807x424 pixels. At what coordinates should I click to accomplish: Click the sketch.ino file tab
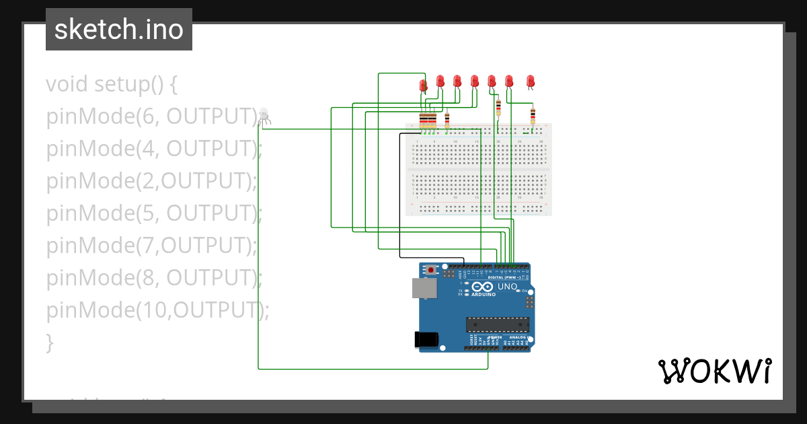tap(119, 30)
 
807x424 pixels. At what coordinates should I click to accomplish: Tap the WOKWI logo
tap(714, 371)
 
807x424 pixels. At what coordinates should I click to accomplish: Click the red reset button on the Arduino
tap(431, 271)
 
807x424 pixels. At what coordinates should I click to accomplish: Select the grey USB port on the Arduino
tap(424, 288)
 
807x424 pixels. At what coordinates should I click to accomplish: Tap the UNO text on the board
tap(507, 287)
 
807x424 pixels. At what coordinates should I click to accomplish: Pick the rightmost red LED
tap(530, 81)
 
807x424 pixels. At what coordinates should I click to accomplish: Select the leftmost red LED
tap(423, 85)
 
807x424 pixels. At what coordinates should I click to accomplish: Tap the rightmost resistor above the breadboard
tap(533, 116)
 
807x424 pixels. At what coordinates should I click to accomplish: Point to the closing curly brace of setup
tap(49, 343)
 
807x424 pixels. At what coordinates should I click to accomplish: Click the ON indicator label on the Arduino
tap(525, 290)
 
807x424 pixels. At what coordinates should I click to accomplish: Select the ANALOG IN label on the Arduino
tap(517, 337)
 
